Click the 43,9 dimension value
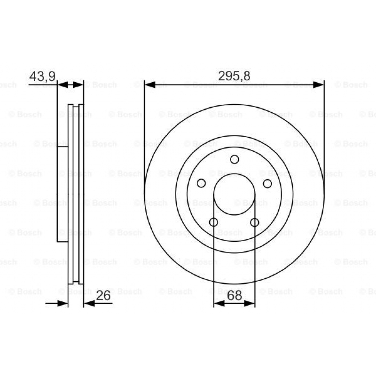point(42,76)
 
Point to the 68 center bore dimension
point(234,296)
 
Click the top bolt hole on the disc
point(234,159)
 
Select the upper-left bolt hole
point(201,183)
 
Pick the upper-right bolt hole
point(268,183)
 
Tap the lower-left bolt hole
point(213,222)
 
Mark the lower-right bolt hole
point(254,222)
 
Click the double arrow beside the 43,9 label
point(70,85)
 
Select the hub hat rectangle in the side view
point(62,194)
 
